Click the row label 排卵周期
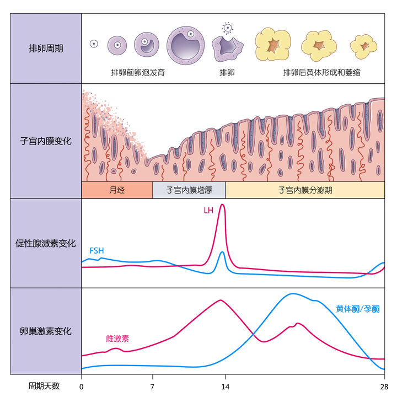(46, 49)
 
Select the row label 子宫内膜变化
(46, 141)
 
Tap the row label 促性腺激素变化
(46, 243)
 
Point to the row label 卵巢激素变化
(46, 331)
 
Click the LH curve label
(208, 211)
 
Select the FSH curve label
(96, 251)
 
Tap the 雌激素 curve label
(117, 339)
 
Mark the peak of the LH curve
(222, 205)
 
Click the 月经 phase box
(117, 190)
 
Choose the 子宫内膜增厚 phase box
(189, 190)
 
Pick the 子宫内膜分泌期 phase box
(305, 190)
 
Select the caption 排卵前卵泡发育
(138, 72)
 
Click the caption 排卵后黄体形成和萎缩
(321, 72)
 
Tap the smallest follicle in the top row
(94, 44)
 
